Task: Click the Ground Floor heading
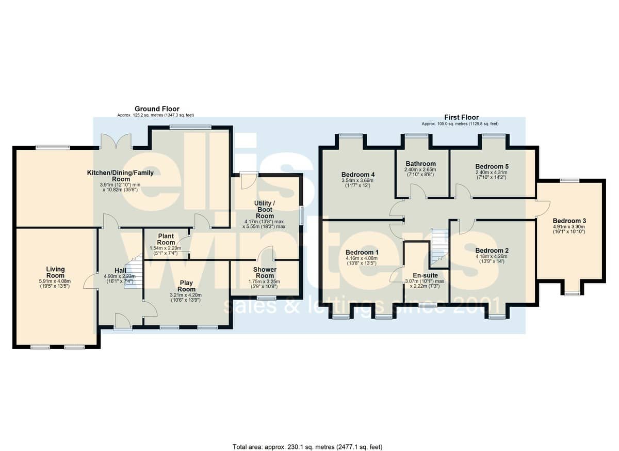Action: [157, 108]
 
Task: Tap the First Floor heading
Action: [461, 117]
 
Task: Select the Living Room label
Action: [55, 272]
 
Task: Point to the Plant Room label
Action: [166, 239]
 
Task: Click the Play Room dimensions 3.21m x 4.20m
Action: [186, 295]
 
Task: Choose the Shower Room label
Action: [265, 273]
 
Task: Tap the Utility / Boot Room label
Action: [265, 209]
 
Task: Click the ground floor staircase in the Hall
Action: [134, 271]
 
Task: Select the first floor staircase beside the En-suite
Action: [439, 247]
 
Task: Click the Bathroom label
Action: [420, 164]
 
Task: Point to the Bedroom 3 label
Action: [569, 221]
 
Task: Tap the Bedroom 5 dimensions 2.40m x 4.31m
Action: [492, 172]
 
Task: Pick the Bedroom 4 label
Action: [358, 175]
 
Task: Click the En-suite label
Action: [425, 275]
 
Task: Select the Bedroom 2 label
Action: [492, 251]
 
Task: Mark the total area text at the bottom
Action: [307, 439]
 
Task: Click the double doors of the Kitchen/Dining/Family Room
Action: [116, 142]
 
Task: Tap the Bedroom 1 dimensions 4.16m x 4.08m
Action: [362, 258]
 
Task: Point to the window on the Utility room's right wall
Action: [302, 215]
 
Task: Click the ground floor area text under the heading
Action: [156, 115]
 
